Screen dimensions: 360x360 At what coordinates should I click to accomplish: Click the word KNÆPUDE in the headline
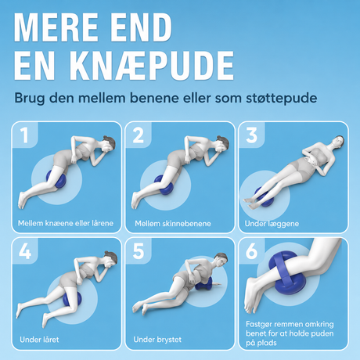pos(152,66)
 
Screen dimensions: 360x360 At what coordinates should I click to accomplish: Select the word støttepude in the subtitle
pos(282,99)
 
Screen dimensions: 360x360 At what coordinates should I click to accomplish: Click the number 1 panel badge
pos(25,135)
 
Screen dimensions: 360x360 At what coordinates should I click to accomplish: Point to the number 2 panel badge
pos(139,135)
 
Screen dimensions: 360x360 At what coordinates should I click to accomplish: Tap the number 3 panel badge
pos(251,135)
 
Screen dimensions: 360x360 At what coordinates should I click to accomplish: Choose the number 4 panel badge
pos(25,251)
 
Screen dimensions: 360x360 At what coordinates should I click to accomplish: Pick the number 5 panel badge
pos(139,251)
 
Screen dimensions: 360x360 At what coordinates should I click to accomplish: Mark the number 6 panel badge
pos(251,251)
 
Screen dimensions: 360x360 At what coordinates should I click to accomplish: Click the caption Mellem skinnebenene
pos(173,224)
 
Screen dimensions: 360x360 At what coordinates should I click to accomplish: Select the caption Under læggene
pos(272,224)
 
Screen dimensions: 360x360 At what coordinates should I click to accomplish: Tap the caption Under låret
pos(39,340)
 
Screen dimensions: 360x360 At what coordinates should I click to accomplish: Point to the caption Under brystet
pos(157,340)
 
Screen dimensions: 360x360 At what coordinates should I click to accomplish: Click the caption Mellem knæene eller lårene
pos(66,223)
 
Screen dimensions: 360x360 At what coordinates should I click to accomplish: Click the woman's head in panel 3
pos(338,142)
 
